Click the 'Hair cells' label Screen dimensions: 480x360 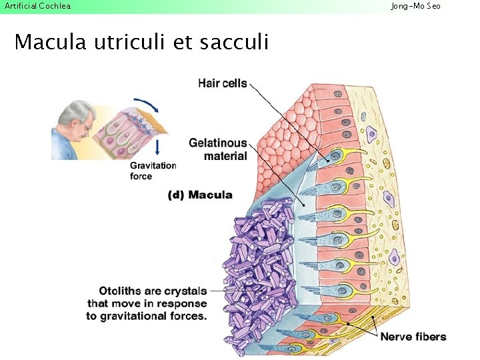point(222,83)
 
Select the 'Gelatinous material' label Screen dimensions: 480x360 point(217,149)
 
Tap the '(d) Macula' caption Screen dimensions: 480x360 point(200,195)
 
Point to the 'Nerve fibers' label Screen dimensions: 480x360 point(413,337)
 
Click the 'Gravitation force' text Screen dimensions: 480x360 point(153,171)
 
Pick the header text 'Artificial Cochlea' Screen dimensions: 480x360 point(37,6)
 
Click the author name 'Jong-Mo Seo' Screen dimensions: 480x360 point(415,6)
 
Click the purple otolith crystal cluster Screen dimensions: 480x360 point(257,267)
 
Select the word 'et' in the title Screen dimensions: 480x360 point(181,43)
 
